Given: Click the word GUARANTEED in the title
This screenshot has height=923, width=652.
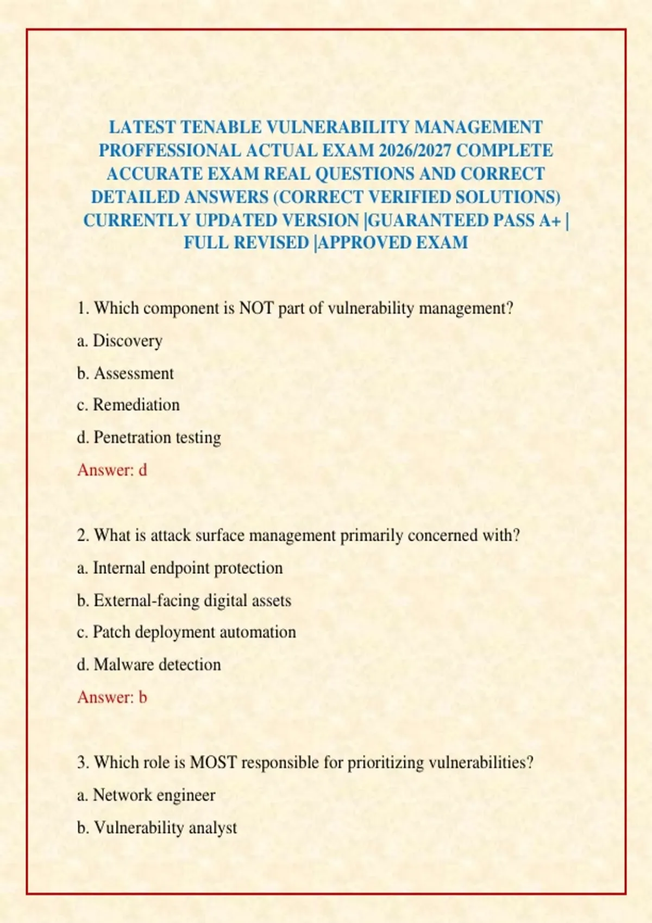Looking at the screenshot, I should (429, 220).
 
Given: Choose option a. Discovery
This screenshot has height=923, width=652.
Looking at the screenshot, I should (120, 341).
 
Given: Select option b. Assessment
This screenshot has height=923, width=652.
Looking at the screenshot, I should (126, 374).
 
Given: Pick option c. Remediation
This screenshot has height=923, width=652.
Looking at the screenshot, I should (128, 405).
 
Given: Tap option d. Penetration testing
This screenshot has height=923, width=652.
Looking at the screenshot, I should (149, 438).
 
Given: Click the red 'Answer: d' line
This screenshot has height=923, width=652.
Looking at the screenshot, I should (112, 470).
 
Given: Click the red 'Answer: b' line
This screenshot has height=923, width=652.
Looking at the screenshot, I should (112, 697).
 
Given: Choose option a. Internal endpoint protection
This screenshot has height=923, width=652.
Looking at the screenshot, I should (180, 568).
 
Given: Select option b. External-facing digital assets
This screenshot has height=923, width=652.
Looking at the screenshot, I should (184, 600).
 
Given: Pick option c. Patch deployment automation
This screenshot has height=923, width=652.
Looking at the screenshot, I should (186, 633).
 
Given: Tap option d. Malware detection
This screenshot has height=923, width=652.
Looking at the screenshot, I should (149, 665).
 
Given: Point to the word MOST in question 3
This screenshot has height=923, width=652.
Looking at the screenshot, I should (213, 763).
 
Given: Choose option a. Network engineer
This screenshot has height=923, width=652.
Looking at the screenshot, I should (146, 795).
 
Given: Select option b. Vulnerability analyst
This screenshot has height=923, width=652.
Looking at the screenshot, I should (157, 828).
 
